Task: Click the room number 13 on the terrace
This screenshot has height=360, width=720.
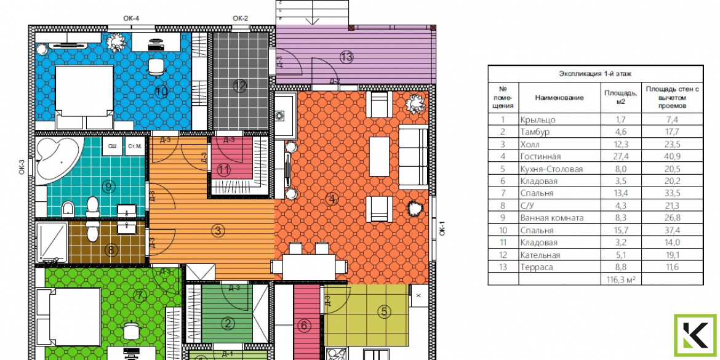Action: tap(346, 57)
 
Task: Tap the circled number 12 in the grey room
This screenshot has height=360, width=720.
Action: tap(240, 86)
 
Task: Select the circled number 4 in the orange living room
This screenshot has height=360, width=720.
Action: tap(332, 199)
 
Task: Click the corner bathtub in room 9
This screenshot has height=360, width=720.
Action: tap(57, 160)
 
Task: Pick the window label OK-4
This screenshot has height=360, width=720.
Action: tap(131, 18)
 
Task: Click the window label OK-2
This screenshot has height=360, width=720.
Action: tap(240, 18)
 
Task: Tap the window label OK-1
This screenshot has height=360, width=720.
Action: tap(442, 228)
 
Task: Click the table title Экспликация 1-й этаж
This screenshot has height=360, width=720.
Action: tap(596, 73)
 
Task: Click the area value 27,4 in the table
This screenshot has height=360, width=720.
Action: tap(622, 156)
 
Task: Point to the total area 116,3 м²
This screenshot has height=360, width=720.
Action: tap(622, 279)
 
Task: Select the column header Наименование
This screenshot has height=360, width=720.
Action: tap(559, 97)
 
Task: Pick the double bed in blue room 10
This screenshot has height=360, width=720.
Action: tap(84, 97)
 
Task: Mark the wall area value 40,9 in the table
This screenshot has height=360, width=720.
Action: tap(672, 156)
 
